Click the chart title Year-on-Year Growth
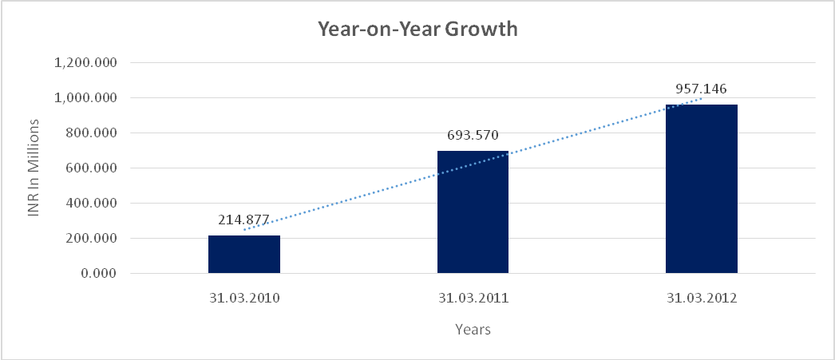click(x=417, y=30)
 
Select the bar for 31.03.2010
click(x=243, y=255)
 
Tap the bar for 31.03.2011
click(x=473, y=212)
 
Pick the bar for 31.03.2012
click(x=701, y=189)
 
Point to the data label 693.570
click(x=473, y=136)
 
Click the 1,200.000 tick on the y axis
click(x=85, y=63)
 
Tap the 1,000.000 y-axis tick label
click(x=85, y=98)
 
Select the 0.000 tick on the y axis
click(x=98, y=274)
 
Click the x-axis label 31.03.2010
click(x=243, y=299)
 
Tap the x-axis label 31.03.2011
click(x=473, y=299)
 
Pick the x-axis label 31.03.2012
click(x=701, y=299)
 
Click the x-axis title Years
click(x=473, y=329)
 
